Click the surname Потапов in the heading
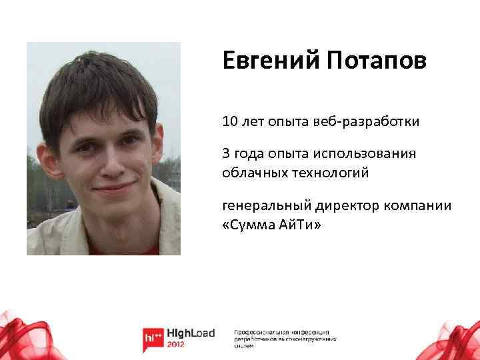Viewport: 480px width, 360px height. tap(376, 63)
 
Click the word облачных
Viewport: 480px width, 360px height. tap(251, 173)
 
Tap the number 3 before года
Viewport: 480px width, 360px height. tap(226, 153)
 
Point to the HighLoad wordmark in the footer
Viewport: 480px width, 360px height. tap(190, 334)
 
